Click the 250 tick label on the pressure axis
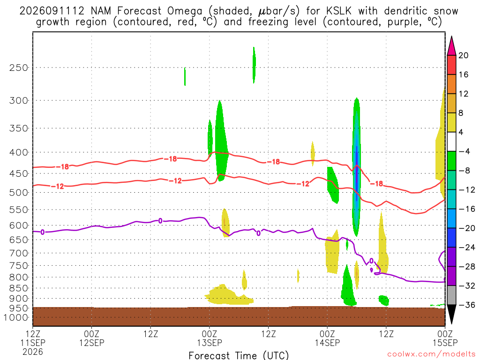[x=19, y=67]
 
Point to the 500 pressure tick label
[x=19, y=192]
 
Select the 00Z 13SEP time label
[x=210, y=338]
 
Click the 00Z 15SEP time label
[x=445, y=338]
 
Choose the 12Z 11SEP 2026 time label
[x=33, y=343]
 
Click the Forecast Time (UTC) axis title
[x=239, y=355]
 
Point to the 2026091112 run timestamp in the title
[x=52, y=11]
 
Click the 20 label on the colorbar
[x=464, y=55]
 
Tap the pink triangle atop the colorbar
[x=451, y=46]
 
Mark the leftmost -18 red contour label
[x=62, y=167]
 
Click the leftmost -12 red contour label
[x=58, y=186]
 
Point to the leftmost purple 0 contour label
[x=42, y=232]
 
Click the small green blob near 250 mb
[x=185, y=76]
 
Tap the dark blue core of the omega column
[x=357, y=174]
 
